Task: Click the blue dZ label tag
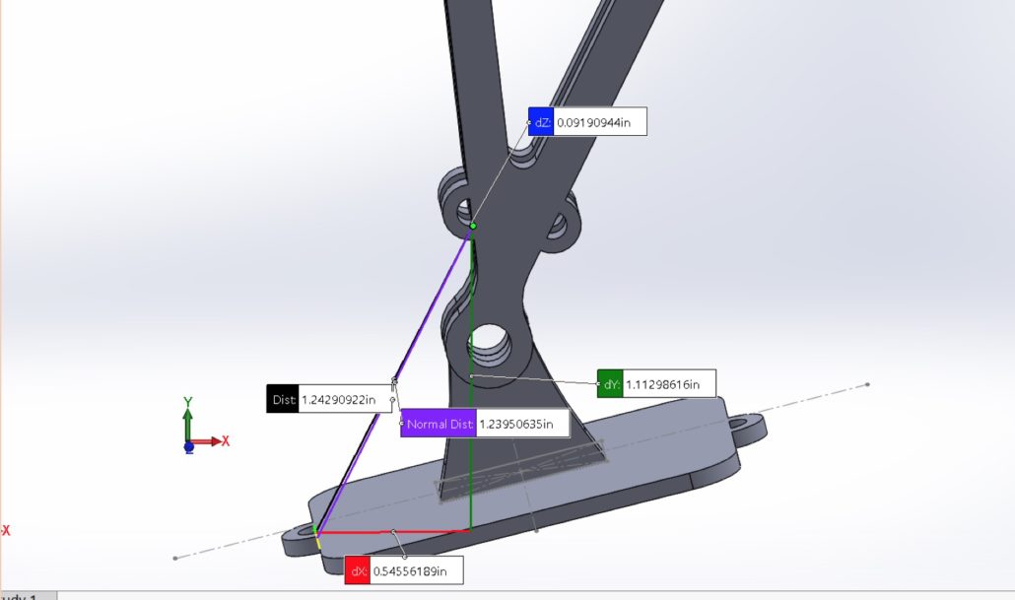(x=541, y=122)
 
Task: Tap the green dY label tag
(x=610, y=384)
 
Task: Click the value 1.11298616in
(x=668, y=384)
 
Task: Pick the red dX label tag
(x=357, y=570)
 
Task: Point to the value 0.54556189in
(x=415, y=570)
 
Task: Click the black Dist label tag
(x=283, y=399)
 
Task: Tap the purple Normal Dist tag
(x=439, y=425)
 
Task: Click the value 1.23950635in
(x=522, y=425)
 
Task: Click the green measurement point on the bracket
(x=473, y=226)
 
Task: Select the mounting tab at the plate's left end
(x=300, y=541)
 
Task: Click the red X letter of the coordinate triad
(x=226, y=440)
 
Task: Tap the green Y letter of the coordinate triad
(x=187, y=403)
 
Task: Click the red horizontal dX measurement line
(x=394, y=531)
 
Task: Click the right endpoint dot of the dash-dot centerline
(x=867, y=384)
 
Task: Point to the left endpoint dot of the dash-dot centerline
(x=175, y=559)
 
